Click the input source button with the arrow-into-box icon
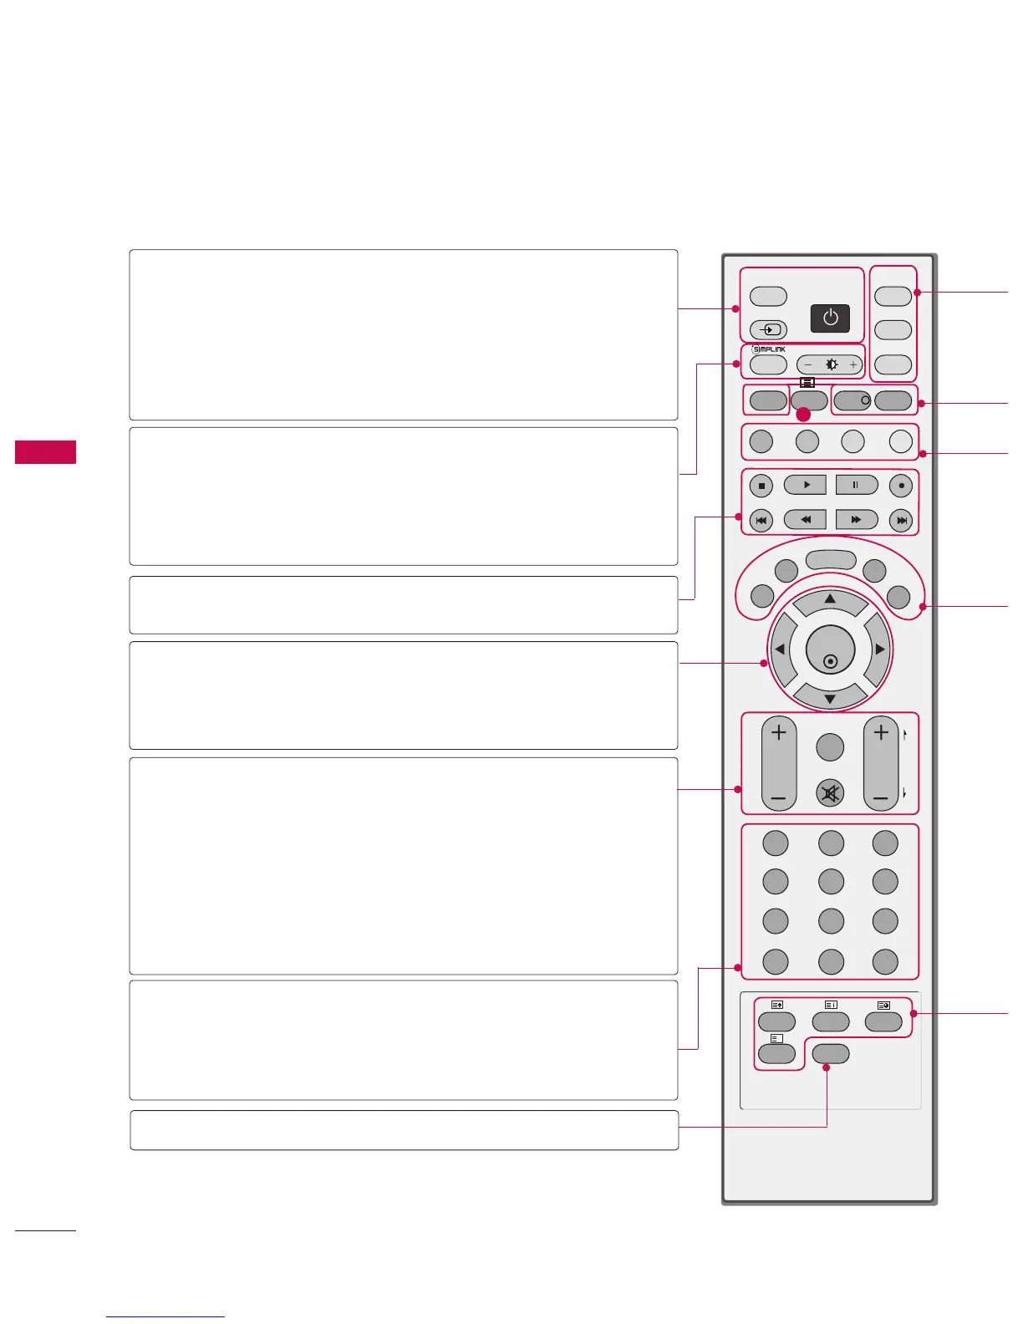click(x=768, y=329)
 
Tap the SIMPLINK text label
click(x=768, y=349)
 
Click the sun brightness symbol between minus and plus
click(x=831, y=364)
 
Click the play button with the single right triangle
click(x=805, y=485)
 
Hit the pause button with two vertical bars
click(x=856, y=485)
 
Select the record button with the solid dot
click(x=901, y=486)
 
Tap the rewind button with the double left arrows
click(x=805, y=520)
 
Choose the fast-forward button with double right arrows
click(x=856, y=520)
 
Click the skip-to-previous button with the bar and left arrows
click(x=761, y=521)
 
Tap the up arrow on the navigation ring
click(x=830, y=599)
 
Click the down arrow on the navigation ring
click(x=830, y=699)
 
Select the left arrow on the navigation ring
click(x=779, y=649)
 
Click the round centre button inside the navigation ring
click(x=830, y=651)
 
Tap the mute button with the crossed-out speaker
click(x=830, y=793)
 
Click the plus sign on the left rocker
click(x=778, y=733)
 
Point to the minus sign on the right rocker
click(x=880, y=799)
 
